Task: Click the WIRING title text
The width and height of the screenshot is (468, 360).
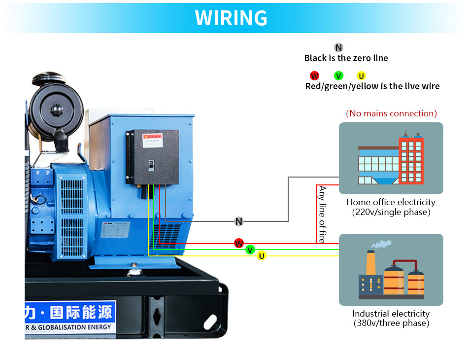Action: coord(231,18)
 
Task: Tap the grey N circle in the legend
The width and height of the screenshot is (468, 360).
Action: coord(338,47)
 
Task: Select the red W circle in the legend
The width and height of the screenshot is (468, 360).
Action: coord(314,75)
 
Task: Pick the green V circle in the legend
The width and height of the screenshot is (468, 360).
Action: coord(338,75)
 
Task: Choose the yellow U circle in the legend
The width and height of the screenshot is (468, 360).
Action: coord(362,75)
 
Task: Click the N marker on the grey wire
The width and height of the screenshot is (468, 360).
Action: coord(239,221)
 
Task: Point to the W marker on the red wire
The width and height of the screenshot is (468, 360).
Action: coord(239,243)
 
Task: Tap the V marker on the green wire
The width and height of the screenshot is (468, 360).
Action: coord(250,250)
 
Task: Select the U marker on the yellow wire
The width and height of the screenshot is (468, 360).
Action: coord(262,255)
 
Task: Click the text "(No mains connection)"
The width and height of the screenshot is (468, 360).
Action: coord(391,113)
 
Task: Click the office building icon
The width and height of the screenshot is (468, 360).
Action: coord(391,158)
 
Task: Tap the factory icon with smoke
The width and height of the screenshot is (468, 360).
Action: coord(391,270)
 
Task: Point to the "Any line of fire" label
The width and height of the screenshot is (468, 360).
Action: coord(322,214)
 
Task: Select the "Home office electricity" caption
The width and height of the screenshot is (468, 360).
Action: coord(391,202)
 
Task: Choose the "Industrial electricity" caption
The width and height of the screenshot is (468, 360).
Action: coord(391,314)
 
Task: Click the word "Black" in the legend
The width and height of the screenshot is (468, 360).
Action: coord(315,58)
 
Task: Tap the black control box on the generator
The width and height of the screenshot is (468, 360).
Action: coord(152,157)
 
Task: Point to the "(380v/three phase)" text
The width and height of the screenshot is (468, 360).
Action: coord(391,324)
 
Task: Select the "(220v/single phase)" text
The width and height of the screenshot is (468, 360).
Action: coord(391,212)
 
